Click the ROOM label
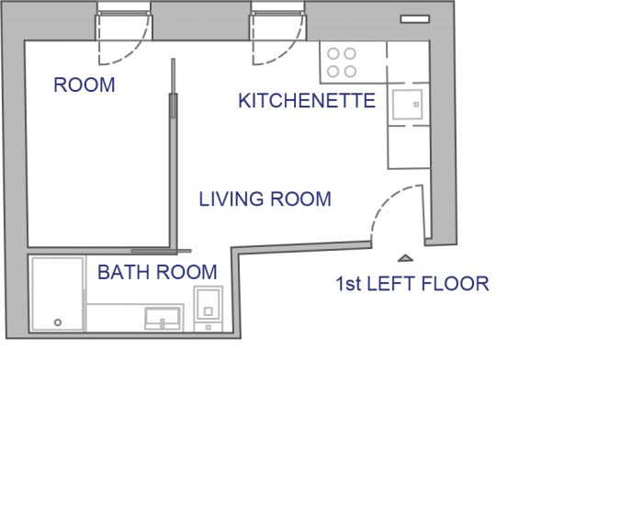(85, 85)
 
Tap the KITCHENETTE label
(307, 101)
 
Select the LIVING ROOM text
(265, 199)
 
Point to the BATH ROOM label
(157, 272)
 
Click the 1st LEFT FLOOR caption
(412, 284)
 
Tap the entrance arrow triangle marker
(405, 258)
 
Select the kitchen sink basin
(408, 105)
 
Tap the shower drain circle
(58, 322)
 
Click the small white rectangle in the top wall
(415, 19)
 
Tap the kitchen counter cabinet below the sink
(409, 147)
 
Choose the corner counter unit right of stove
(408, 62)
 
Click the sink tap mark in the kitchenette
(416, 105)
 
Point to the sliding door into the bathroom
(161, 251)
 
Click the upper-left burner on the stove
(333, 53)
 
